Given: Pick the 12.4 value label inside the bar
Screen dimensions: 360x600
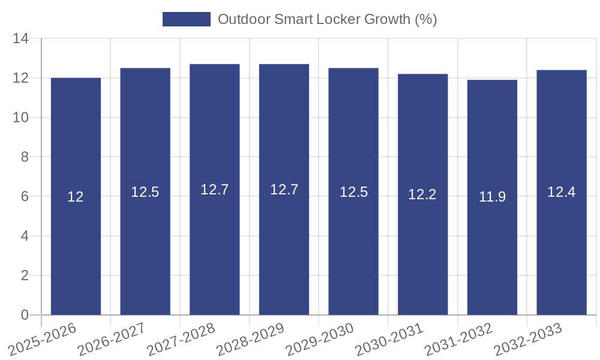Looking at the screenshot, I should click(561, 192).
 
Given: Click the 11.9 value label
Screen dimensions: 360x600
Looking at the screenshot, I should click(492, 197).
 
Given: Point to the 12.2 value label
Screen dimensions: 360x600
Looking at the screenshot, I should click(422, 194).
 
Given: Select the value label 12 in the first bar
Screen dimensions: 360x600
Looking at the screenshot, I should click(76, 197).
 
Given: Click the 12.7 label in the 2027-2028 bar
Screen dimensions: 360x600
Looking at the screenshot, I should click(214, 190).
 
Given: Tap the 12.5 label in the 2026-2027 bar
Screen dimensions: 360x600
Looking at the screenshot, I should click(145, 192).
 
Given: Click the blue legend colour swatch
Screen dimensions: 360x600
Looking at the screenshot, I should click(187, 19).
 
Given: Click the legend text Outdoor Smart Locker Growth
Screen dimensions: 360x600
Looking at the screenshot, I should click(327, 19).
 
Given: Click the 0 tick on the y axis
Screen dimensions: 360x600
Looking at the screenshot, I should click(25, 315).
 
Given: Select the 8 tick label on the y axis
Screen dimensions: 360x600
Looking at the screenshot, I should click(25, 157).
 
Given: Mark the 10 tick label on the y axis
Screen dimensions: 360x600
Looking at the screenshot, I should click(21, 118).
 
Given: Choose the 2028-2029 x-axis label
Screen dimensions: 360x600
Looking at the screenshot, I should click(250, 339).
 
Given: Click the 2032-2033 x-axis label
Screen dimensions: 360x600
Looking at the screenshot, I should click(528, 339).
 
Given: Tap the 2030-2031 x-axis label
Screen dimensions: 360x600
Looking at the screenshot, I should click(389, 339).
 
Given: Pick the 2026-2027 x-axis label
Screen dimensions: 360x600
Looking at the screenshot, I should click(112, 339).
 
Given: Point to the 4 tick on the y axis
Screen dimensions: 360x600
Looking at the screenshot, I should click(25, 236).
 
